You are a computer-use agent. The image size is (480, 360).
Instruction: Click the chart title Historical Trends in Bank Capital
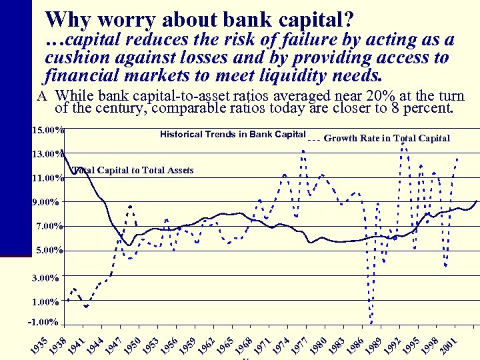point(233,135)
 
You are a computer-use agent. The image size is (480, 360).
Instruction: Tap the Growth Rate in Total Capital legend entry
point(386,139)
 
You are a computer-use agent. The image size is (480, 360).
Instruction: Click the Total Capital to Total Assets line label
point(133,171)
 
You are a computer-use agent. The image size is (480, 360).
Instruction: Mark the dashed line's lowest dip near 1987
point(371,321)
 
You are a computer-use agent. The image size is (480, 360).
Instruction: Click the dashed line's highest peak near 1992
point(403,143)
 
